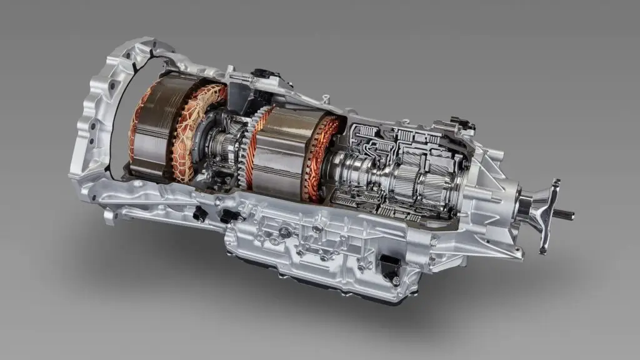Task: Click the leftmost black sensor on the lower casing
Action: [199, 214]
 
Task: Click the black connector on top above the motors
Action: [262, 74]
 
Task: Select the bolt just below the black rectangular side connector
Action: [394, 285]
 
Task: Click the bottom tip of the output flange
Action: [542, 248]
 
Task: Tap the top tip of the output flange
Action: [556, 182]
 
